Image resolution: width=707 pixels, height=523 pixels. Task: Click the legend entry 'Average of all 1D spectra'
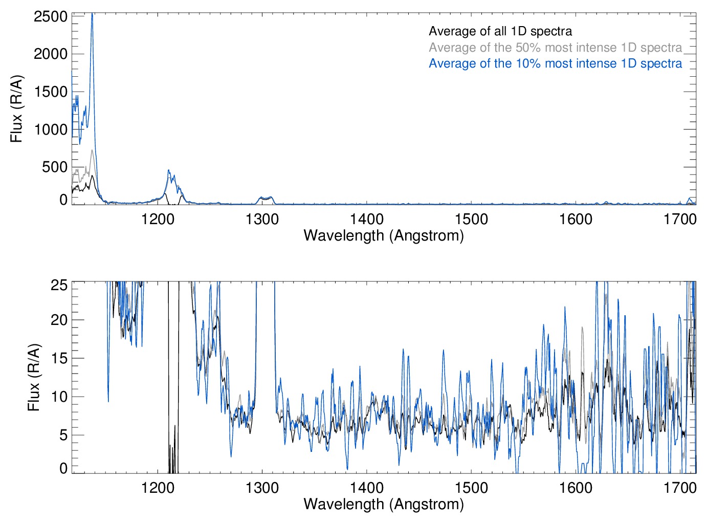pos(500,31)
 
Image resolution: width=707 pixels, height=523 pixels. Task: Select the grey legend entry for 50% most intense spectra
pos(555,48)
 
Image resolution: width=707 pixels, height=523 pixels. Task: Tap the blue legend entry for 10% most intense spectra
pos(555,63)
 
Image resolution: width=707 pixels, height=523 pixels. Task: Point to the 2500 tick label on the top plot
pos(51,16)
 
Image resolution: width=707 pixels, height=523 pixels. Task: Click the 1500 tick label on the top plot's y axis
pos(51,92)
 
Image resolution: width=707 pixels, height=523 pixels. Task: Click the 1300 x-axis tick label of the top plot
pos(262,220)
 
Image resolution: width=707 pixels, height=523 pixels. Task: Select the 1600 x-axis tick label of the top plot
pos(576,220)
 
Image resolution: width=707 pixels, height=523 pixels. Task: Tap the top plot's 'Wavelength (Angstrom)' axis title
pos(384,235)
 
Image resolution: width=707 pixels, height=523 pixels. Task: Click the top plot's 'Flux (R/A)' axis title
pos(16,108)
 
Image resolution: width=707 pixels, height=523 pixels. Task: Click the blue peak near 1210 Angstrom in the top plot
pos(169,171)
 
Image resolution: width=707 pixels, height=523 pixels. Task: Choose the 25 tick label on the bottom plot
pos(59,285)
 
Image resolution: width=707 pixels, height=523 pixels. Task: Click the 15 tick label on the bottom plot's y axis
pos(59,358)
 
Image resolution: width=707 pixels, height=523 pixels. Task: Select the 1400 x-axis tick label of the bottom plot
pos(366,488)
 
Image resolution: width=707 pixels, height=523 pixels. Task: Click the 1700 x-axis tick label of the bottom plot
pos(680,488)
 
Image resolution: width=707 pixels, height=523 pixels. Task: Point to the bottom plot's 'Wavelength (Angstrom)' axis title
pos(384,504)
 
